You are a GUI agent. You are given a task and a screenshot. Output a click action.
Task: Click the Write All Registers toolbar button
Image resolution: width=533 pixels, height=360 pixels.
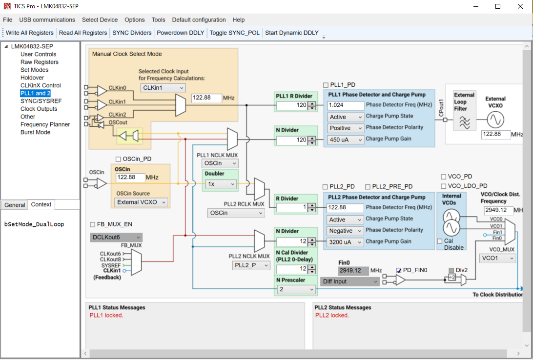click(x=30, y=33)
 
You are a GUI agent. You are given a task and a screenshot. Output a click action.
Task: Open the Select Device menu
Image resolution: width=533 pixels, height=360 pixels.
click(x=100, y=20)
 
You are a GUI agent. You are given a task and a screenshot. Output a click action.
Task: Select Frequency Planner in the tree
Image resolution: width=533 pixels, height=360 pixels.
click(x=45, y=124)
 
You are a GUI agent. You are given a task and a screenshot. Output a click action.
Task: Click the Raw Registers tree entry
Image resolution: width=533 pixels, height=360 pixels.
click(x=39, y=62)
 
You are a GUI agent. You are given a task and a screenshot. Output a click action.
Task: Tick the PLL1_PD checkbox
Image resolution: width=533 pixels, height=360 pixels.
click(x=326, y=85)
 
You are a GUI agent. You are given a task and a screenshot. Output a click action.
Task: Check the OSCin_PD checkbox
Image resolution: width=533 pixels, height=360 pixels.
click(x=118, y=159)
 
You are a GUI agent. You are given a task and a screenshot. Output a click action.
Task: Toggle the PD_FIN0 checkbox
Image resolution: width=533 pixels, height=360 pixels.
click(x=399, y=270)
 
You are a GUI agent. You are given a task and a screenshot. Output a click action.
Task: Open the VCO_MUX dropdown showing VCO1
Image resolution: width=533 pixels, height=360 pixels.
click(x=498, y=258)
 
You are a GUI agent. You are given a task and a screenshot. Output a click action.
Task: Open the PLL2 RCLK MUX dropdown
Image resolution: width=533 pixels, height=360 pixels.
click(x=236, y=213)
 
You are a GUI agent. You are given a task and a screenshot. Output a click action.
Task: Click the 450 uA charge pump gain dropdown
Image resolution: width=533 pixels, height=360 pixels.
click(x=346, y=140)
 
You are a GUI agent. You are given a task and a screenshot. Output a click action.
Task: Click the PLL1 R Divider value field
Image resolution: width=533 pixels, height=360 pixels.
click(x=292, y=105)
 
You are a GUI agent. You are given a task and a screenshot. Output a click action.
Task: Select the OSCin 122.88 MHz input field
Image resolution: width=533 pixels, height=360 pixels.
click(x=130, y=178)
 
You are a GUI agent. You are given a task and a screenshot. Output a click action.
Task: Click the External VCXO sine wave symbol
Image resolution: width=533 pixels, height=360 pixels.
click(x=495, y=119)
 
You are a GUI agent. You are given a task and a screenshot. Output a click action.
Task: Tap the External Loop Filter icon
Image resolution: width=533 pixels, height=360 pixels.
click(x=465, y=122)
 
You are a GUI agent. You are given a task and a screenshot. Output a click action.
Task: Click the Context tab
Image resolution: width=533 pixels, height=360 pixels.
click(x=41, y=204)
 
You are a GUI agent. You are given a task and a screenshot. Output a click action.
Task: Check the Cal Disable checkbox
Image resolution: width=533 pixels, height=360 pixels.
click(x=440, y=241)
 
